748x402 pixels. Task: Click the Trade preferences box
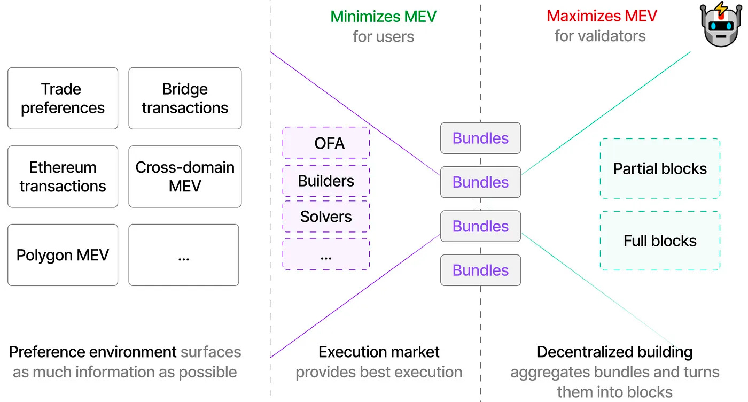63,98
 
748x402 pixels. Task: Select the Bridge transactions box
185,98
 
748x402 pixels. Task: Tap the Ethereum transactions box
63,176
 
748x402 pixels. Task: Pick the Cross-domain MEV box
185,176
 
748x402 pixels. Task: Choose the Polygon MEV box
63,255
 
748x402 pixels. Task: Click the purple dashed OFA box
326,143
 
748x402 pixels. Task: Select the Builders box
326,181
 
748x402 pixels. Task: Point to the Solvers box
326,217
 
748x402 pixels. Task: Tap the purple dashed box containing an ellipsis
326,254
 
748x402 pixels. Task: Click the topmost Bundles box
480,138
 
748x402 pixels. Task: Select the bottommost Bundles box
480,270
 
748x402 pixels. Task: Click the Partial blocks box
660,169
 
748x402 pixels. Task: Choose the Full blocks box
660,241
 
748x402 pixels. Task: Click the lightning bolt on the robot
722,9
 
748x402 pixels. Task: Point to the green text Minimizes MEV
383,16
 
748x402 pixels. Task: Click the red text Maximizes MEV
601,16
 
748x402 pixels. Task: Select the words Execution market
379,352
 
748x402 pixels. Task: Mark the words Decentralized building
614,352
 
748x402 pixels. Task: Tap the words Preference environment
92,352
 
